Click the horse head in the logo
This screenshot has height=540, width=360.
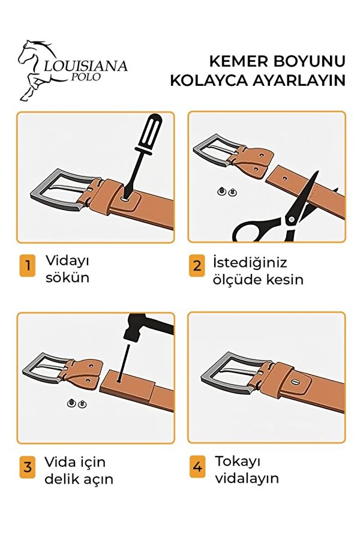(x=33, y=52)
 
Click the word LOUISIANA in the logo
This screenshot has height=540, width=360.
(x=86, y=66)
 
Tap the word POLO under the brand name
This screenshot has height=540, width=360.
(x=86, y=77)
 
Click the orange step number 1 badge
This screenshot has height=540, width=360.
(x=27, y=265)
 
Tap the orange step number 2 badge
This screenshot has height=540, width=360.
(x=197, y=266)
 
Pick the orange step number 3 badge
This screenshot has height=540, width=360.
(x=27, y=467)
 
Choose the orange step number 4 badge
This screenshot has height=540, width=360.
(x=197, y=467)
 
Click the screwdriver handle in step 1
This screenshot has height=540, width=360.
(x=151, y=131)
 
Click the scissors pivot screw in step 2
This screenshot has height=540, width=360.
(x=292, y=218)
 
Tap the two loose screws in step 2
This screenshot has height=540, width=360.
(x=227, y=191)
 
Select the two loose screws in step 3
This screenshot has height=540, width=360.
(x=77, y=403)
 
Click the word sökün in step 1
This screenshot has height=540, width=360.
(x=67, y=278)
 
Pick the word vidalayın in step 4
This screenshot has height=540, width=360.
(x=247, y=478)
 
